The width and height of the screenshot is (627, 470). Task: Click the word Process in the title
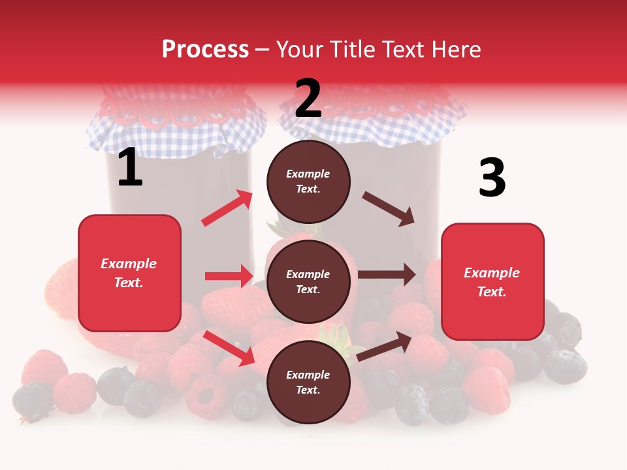coord(205,49)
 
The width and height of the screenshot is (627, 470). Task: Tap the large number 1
coord(130,168)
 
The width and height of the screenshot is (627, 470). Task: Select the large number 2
coord(308,99)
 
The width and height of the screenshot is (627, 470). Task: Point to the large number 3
coord(492,178)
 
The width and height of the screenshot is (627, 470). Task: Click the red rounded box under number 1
coord(129,273)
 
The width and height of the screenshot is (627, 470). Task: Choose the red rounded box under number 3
coord(492,282)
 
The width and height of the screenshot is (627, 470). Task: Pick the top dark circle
coord(308,181)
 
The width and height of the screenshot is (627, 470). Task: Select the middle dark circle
coord(308,282)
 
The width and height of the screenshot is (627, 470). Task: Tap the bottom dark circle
coord(308,383)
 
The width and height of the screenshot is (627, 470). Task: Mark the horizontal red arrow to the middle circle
coord(229,276)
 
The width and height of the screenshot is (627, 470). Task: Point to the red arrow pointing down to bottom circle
coord(229,348)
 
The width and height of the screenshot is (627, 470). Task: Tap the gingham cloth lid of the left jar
coord(176,127)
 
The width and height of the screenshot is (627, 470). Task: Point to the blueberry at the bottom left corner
coord(33,399)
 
